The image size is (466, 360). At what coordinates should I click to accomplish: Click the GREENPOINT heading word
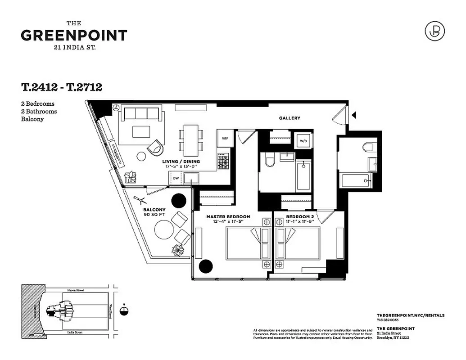point(74,36)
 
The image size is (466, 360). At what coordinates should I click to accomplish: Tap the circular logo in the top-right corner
point(434,31)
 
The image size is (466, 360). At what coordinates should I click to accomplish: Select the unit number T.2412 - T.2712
point(61,87)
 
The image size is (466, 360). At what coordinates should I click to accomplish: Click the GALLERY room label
point(289,118)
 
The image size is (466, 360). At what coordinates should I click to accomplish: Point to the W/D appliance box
point(303,140)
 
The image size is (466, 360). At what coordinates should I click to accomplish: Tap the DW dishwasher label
point(176,179)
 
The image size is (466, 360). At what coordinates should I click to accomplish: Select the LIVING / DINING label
point(181,161)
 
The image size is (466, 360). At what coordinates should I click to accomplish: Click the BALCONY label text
point(154,210)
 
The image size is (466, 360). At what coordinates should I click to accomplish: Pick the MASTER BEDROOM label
point(228,216)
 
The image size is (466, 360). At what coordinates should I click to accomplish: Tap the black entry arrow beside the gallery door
point(354,115)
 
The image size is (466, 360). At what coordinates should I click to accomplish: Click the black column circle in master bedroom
point(206,266)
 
